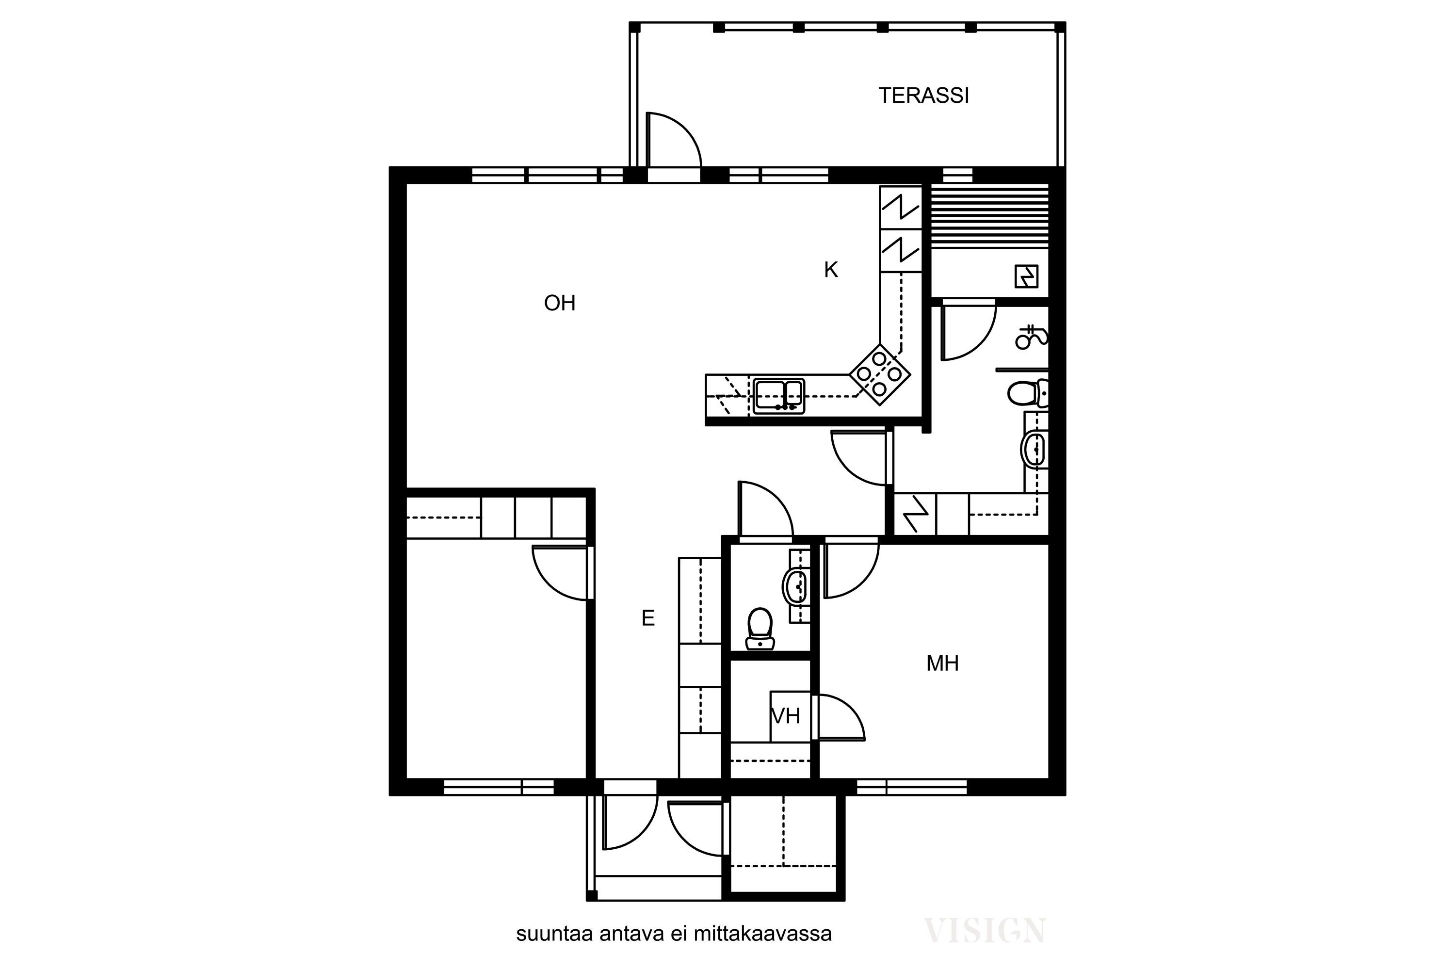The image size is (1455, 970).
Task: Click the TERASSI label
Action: point(923,96)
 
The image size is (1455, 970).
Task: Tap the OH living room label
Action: point(560,303)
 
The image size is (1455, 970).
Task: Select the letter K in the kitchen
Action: point(831,270)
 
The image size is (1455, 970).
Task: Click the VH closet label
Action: point(786,716)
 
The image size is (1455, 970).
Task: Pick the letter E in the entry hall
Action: point(647,618)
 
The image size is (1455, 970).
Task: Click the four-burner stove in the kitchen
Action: point(880,375)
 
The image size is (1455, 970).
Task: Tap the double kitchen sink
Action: point(779,396)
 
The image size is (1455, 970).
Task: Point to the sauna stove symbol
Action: point(1026,276)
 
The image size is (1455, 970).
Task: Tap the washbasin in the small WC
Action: point(795,586)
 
